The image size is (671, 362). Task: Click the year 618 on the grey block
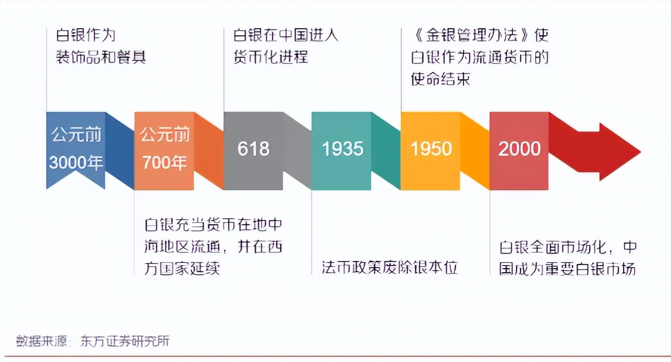[x=254, y=149]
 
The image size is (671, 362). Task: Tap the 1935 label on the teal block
[x=343, y=149]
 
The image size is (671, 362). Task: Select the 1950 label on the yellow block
[x=431, y=149]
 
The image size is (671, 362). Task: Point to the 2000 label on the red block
[x=520, y=149]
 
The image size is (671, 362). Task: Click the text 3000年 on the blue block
[x=76, y=163]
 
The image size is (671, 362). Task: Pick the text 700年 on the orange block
[x=164, y=163]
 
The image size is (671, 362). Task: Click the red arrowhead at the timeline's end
[x=620, y=152]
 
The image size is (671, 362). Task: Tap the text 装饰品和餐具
[x=101, y=57]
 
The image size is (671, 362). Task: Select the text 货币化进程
[x=271, y=57]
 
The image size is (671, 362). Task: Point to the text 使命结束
[x=440, y=79]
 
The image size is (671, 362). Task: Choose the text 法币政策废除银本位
[x=390, y=268]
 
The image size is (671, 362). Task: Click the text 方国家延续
[x=182, y=268]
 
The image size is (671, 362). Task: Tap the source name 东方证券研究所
[x=125, y=341]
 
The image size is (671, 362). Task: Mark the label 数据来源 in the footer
[x=42, y=341]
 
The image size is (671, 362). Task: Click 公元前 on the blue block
[x=76, y=135]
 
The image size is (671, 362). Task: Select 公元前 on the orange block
[x=165, y=135]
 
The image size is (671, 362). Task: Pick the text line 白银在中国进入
[x=286, y=35]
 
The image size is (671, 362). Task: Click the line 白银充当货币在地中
[x=213, y=225]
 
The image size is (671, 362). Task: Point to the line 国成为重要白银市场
[x=567, y=269]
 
